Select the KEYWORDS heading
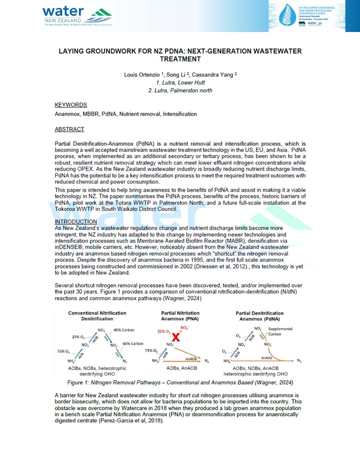[x=70, y=105]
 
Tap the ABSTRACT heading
[x=69, y=129]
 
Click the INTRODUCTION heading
[x=76, y=222]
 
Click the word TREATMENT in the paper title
[x=180, y=59]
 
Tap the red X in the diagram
[x=175, y=336]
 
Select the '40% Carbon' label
[x=125, y=330]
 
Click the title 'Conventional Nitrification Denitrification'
[x=97, y=316]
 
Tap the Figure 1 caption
[x=180, y=383]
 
